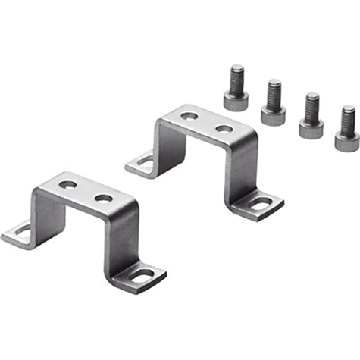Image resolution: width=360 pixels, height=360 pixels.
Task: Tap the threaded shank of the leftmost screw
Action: [237, 77]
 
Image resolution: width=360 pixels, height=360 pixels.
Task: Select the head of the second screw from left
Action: [273, 114]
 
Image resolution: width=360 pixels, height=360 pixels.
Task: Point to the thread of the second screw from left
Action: [274, 91]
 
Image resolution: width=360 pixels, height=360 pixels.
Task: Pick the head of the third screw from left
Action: [310, 127]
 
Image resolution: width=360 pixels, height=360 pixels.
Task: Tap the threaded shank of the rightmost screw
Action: [348, 117]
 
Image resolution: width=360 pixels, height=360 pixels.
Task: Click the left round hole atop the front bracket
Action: [67, 184]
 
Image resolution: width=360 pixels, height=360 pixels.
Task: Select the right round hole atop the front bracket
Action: [104, 198]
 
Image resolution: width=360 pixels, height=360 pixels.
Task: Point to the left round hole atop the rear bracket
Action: [189, 116]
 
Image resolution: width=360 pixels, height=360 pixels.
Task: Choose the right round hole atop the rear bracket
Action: [224, 129]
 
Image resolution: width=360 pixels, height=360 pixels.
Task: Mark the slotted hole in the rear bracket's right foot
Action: [260, 204]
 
